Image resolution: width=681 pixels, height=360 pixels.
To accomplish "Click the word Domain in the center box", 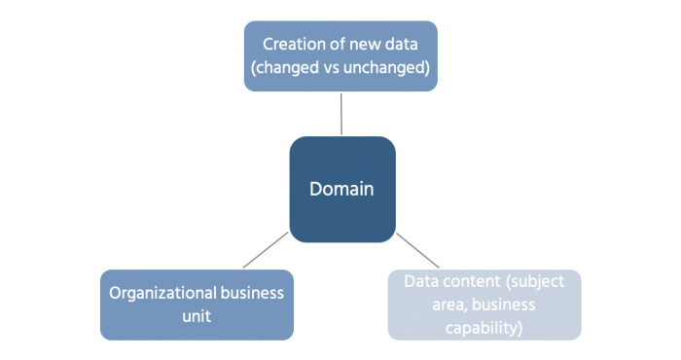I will click(341, 189).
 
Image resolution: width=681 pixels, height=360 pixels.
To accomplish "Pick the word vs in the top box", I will click(329, 69).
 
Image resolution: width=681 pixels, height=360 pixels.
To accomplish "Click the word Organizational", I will click(162, 293).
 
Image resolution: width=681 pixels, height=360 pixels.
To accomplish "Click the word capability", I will click(484, 328).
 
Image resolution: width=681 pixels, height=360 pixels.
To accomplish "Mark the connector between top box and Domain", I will click(341, 114).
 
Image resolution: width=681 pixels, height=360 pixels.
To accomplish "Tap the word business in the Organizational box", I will click(251, 293).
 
